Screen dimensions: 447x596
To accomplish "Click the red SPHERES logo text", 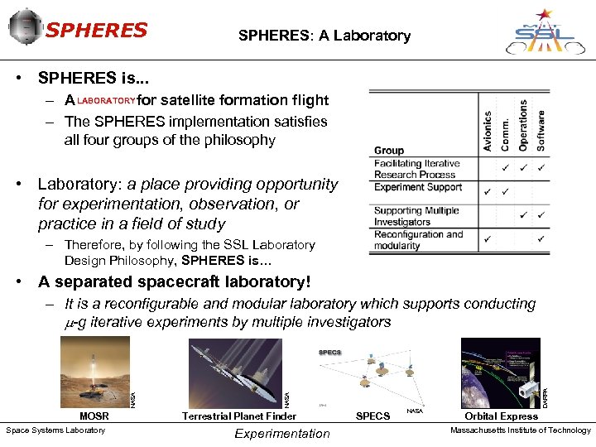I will click(x=96, y=31).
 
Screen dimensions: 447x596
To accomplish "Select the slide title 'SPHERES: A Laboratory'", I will click(x=324, y=36).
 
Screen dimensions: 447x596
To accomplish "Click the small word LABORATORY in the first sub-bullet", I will click(x=106, y=101).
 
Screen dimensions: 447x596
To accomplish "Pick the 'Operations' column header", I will click(x=523, y=125).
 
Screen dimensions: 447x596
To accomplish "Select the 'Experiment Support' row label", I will click(x=416, y=188).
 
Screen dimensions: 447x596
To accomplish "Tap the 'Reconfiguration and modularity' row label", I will click(x=419, y=240).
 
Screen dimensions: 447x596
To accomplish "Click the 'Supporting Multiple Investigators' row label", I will click(x=416, y=216).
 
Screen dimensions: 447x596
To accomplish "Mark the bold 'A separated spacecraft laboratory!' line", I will click(x=175, y=282).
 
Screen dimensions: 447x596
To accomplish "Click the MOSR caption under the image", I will click(x=94, y=416).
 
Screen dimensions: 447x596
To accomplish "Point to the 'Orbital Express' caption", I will click(x=501, y=416).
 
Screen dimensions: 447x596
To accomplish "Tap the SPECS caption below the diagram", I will click(x=372, y=416).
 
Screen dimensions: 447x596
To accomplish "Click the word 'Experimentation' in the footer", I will click(x=282, y=433).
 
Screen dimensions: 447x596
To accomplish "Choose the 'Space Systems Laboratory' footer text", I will click(x=55, y=430).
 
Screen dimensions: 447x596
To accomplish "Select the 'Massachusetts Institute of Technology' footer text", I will click(x=521, y=430).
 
